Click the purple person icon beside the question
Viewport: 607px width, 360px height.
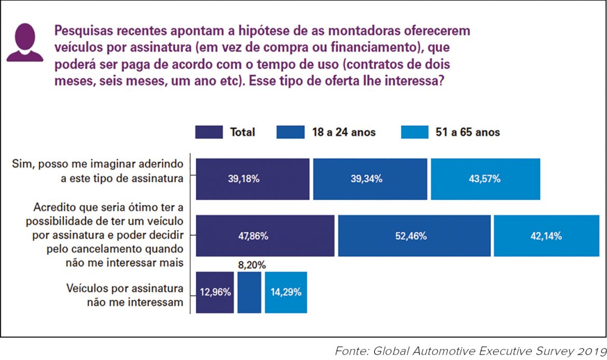[x=24, y=43]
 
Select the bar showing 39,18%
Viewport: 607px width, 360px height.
[x=252, y=179]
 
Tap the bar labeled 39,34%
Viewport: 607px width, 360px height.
[x=370, y=179]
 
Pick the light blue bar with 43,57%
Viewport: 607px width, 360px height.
[x=485, y=179]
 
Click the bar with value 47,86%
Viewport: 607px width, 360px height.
[x=265, y=236]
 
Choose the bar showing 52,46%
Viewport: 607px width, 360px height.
[x=414, y=236]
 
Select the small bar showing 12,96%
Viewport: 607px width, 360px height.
[x=215, y=292]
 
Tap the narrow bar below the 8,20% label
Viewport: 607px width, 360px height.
[x=249, y=292]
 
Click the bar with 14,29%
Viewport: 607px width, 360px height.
[x=286, y=292]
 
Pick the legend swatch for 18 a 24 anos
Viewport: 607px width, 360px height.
[x=291, y=132]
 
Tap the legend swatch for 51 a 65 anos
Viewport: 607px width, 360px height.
[x=415, y=132]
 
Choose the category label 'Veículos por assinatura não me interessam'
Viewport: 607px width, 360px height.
[x=125, y=295]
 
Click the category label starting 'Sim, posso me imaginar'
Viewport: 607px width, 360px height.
[x=98, y=171]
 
